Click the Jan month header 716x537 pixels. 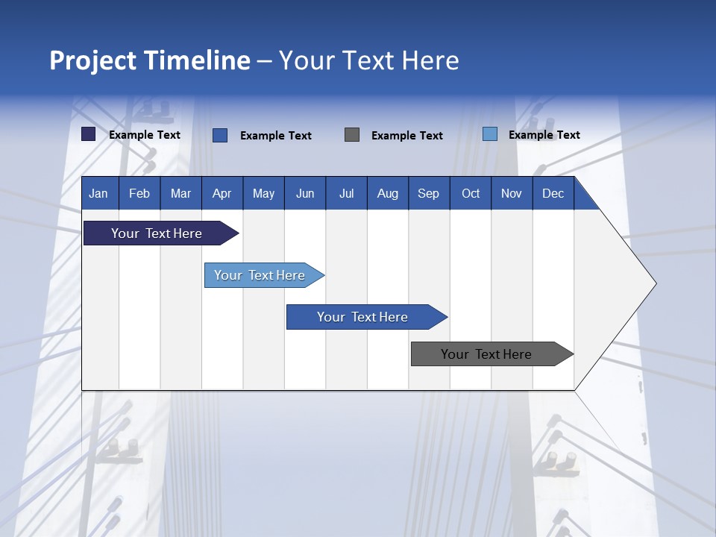pos(99,193)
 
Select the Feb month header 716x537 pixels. pos(139,193)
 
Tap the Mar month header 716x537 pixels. pos(180,193)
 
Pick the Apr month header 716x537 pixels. pos(222,193)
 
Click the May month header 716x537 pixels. pos(263,193)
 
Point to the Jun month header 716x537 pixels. pos(305,193)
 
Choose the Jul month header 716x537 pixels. pos(346,193)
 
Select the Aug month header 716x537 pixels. pos(388,193)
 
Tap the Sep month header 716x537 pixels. pos(429,193)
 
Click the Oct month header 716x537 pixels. pos(471,193)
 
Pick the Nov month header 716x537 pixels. pos(512,193)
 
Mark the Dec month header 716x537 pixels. pos(553,193)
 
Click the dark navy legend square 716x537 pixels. pos(89,134)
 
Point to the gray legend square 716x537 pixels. pos(352,135)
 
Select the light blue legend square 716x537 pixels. pos(490,134)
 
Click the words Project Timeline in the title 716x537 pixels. pos(150,60)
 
